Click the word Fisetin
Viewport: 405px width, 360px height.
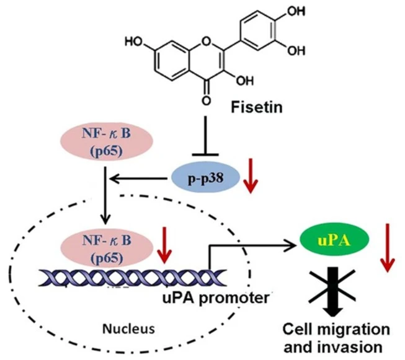click(x=257, y=107)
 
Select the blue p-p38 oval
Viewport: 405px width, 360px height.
click(x=206, y=178)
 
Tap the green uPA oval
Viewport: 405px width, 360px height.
click(x=334, y=240)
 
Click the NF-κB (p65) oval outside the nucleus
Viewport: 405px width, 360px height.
click(x=107, y=141)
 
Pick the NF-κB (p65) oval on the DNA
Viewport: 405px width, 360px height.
click(x=105, y=248)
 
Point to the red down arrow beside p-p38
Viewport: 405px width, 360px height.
click(x=251, y=176)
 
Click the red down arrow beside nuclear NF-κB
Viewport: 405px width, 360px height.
click(x=164, y=245)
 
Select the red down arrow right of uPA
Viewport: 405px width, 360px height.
click(x=387, y=248)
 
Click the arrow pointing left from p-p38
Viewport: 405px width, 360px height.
click(x=138, y=178)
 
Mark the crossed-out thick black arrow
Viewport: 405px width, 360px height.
click(x=333, y=291)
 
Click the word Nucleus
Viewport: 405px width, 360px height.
click(x=128, y=329)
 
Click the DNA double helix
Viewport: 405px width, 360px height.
click(x=132, y=278)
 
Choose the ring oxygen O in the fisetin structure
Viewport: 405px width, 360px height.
click(x=205, y=40)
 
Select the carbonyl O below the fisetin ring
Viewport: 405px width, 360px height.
click(x=205, y=100)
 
